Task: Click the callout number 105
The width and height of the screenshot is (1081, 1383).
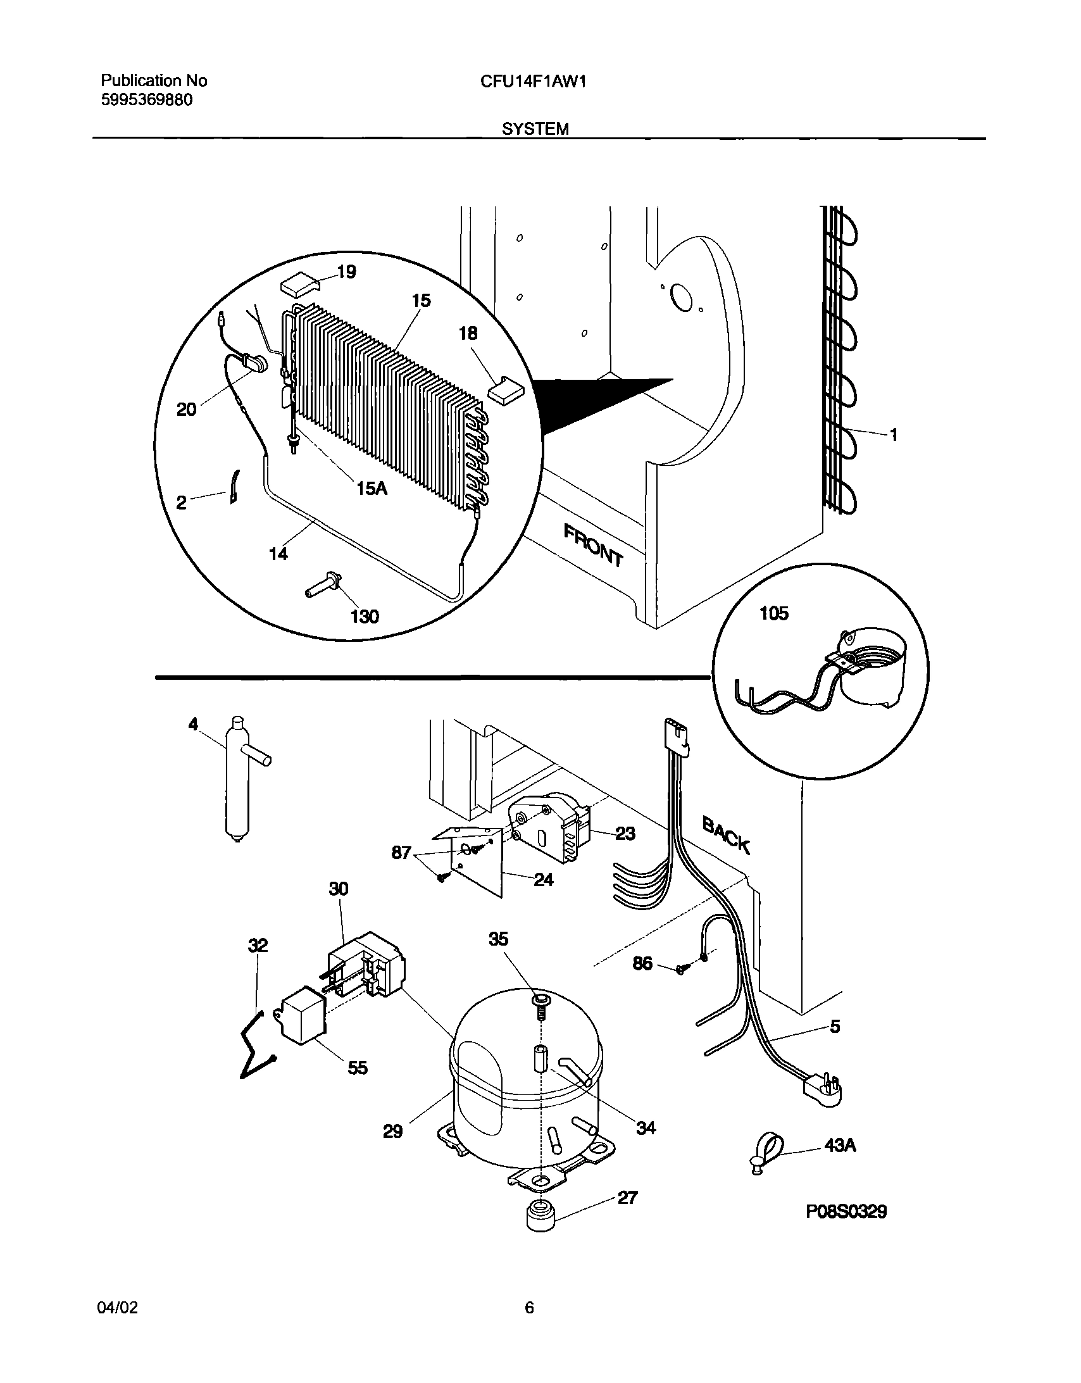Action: point(774,613)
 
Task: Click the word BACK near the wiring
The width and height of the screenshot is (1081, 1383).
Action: point(727,835)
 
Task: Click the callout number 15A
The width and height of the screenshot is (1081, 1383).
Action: point(372,488)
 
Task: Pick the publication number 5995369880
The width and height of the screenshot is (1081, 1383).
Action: point(147,100)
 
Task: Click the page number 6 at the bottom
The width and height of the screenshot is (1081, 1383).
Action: point(529,1307)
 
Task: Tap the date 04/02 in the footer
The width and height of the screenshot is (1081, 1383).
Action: point(118,1307)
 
